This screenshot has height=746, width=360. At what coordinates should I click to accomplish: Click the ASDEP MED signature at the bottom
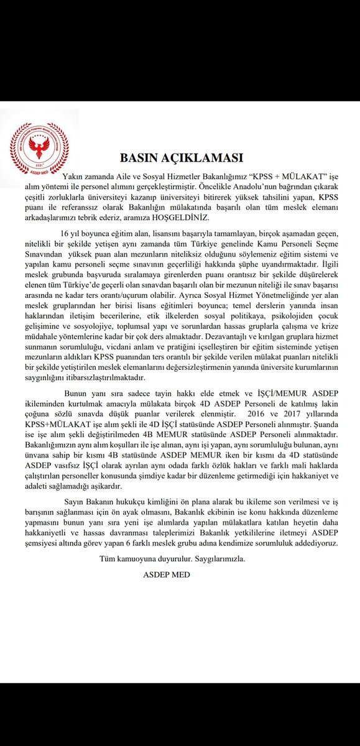pyautogui.click(x=166, y=574)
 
